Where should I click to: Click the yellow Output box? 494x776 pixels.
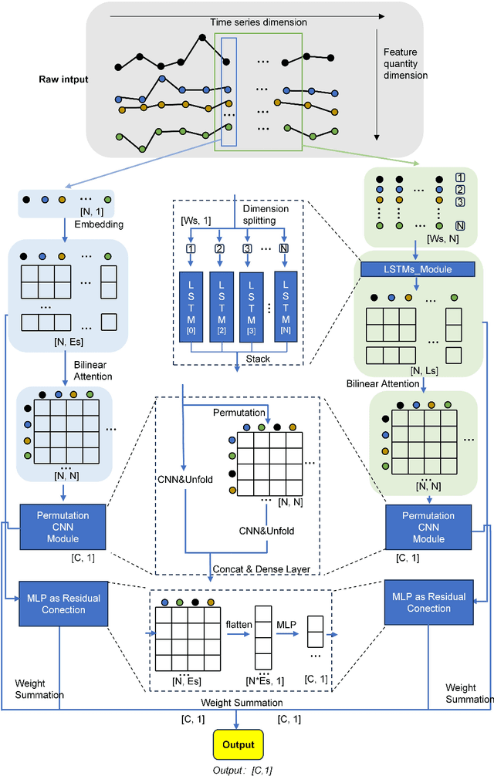(238, 744)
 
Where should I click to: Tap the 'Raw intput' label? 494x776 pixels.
(65, 79)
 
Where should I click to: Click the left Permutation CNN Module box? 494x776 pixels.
(63, 527)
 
